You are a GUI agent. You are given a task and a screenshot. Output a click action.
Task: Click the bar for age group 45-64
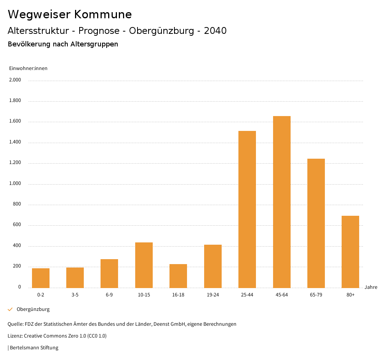(281, 202)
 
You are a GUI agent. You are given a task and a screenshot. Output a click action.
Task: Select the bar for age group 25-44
(247, 209)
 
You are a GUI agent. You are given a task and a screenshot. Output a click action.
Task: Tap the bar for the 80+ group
(350, 252)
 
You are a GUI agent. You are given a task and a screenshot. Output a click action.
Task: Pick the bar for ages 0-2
(41, 278)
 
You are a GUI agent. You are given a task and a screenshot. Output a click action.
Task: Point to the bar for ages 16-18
(178, 276)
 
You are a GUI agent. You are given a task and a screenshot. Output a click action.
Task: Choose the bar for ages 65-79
(316, 223)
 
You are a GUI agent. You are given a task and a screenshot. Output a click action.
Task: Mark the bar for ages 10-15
(144, 265)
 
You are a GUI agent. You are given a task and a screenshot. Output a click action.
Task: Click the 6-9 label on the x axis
(109, 295)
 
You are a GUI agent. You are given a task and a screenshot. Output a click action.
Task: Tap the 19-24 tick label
(213, 295)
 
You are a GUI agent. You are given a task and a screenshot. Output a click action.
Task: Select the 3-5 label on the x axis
(75, 295)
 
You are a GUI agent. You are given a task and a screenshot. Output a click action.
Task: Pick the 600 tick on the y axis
(17, 225)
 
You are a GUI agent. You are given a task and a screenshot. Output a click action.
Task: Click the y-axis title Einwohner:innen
(28, 68)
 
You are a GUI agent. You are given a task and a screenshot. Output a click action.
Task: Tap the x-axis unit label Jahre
(371, 287)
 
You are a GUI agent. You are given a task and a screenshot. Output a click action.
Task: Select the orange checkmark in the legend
(10, 309)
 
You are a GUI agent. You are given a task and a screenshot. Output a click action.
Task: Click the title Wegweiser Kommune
(70, 14)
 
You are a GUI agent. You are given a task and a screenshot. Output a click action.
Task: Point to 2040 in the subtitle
(215, 31)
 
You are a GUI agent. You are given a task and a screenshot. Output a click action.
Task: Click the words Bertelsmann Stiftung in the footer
(34, 348)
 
